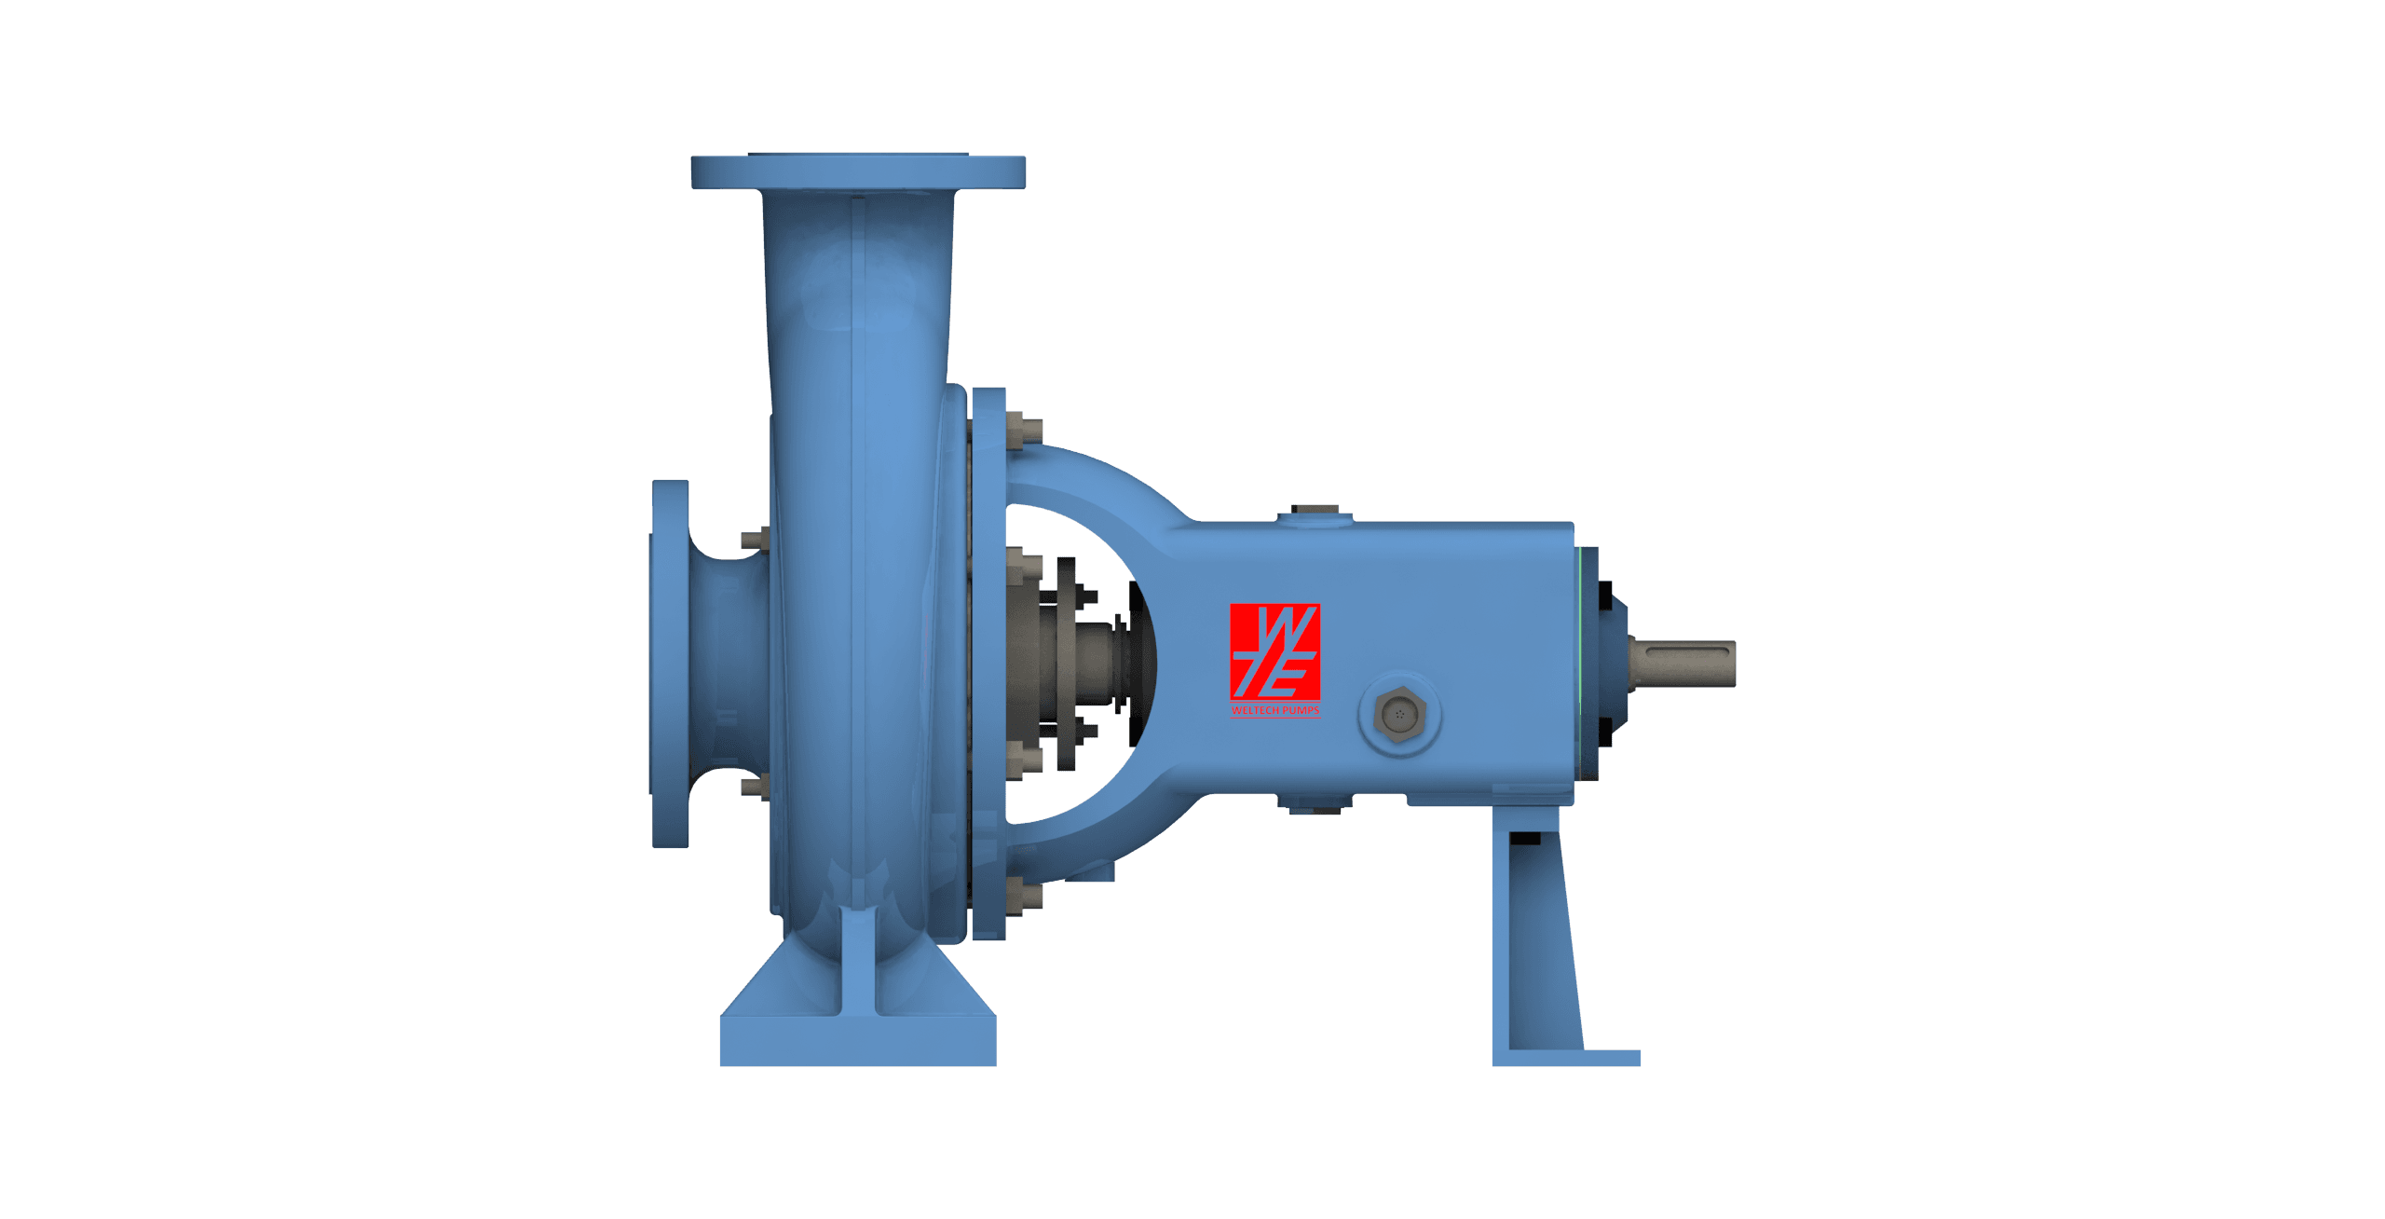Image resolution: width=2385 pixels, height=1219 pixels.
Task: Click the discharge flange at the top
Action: (857, 172)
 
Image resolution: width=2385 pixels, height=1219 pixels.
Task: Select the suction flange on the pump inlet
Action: (669, 664)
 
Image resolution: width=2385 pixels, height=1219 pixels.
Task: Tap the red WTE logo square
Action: (1274, 652)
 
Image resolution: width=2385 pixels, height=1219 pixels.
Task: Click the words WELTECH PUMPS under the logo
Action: (1274, 711)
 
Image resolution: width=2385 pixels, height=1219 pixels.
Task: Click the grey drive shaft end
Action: (1682, 664)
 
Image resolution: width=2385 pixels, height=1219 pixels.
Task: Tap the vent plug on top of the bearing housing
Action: (1314, 513)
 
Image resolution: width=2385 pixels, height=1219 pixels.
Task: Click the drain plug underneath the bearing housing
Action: (1314, 805)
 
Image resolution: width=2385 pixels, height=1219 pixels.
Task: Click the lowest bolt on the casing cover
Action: (1025, 897)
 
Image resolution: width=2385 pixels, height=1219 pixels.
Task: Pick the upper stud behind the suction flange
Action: (754, 539)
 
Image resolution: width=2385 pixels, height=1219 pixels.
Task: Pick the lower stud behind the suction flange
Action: (754, 788)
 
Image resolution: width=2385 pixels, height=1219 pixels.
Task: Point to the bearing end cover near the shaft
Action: (1607, 664)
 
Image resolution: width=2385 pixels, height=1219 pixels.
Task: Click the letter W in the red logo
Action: (1274, 629)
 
